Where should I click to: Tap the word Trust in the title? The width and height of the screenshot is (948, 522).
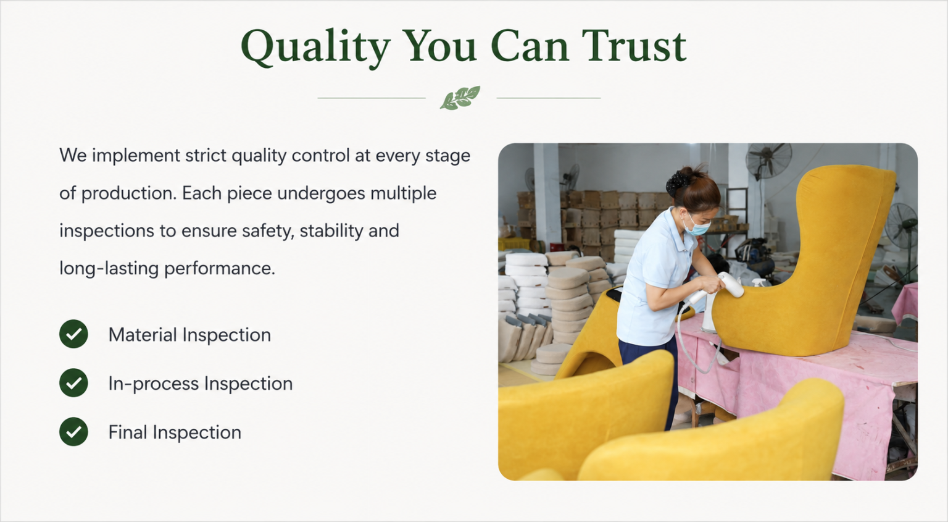click(634, 46)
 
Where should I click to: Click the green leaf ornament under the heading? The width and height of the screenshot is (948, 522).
click(460, 98)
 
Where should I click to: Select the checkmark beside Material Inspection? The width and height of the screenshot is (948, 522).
click(73, 334)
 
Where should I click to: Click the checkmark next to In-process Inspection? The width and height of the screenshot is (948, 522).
click(73, 382)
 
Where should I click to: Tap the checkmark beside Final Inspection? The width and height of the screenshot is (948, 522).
click(73, 431)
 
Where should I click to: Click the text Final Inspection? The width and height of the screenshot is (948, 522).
click(175, 432)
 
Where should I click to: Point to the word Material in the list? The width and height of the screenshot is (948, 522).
click(142, 335)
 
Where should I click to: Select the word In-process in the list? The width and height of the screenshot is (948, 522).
click(154, 384)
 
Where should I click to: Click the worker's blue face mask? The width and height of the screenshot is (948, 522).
click(696, 226)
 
